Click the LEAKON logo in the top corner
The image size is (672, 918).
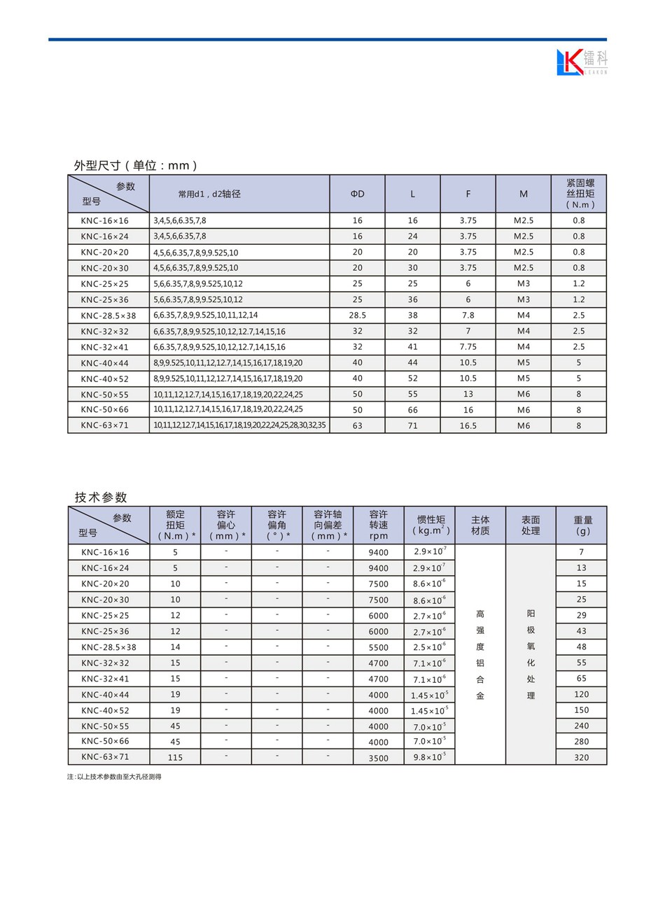click(582, 62)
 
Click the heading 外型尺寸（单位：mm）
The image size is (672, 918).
click(136, 166)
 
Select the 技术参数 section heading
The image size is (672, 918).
click(101, 497)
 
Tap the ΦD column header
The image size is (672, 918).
click(357, 194)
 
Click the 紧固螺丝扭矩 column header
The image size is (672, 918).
click(580, 194)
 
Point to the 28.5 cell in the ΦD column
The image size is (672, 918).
click(357, 316)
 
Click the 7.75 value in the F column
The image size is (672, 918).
click(468, 347)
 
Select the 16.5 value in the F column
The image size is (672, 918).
click(468, 425)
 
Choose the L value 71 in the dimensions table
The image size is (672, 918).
click(412, 425)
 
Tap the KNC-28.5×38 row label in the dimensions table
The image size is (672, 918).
click(108, 316)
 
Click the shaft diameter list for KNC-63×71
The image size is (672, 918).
click(239, 425)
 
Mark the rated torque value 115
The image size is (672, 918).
click(175, 757)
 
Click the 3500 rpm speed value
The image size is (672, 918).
click(378, 758)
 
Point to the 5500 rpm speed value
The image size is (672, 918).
click(378, 647)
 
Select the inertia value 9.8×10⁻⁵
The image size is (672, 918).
click(429, 757)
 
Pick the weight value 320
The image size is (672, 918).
click(581, 757)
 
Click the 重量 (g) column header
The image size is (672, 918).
click(582, 525)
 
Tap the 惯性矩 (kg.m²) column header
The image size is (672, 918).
click(430, 525)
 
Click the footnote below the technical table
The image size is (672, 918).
click(114, 777)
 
